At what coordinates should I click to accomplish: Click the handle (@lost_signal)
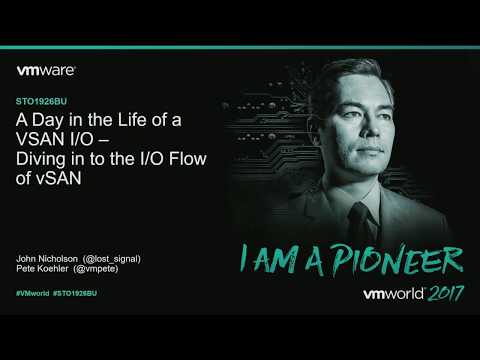[x=114, y=258]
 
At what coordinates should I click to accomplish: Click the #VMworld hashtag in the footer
[x=34, y=293]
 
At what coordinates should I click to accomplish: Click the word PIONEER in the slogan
[x=405, y=260]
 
